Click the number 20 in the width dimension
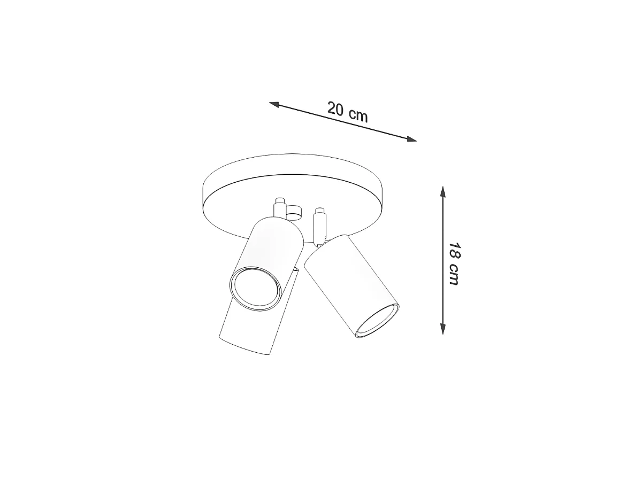click(335, 108)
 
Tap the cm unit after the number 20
click(358, 115)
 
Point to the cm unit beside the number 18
click(454, 275)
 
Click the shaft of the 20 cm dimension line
click(343, 121)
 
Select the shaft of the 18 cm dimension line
click(443, 260)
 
